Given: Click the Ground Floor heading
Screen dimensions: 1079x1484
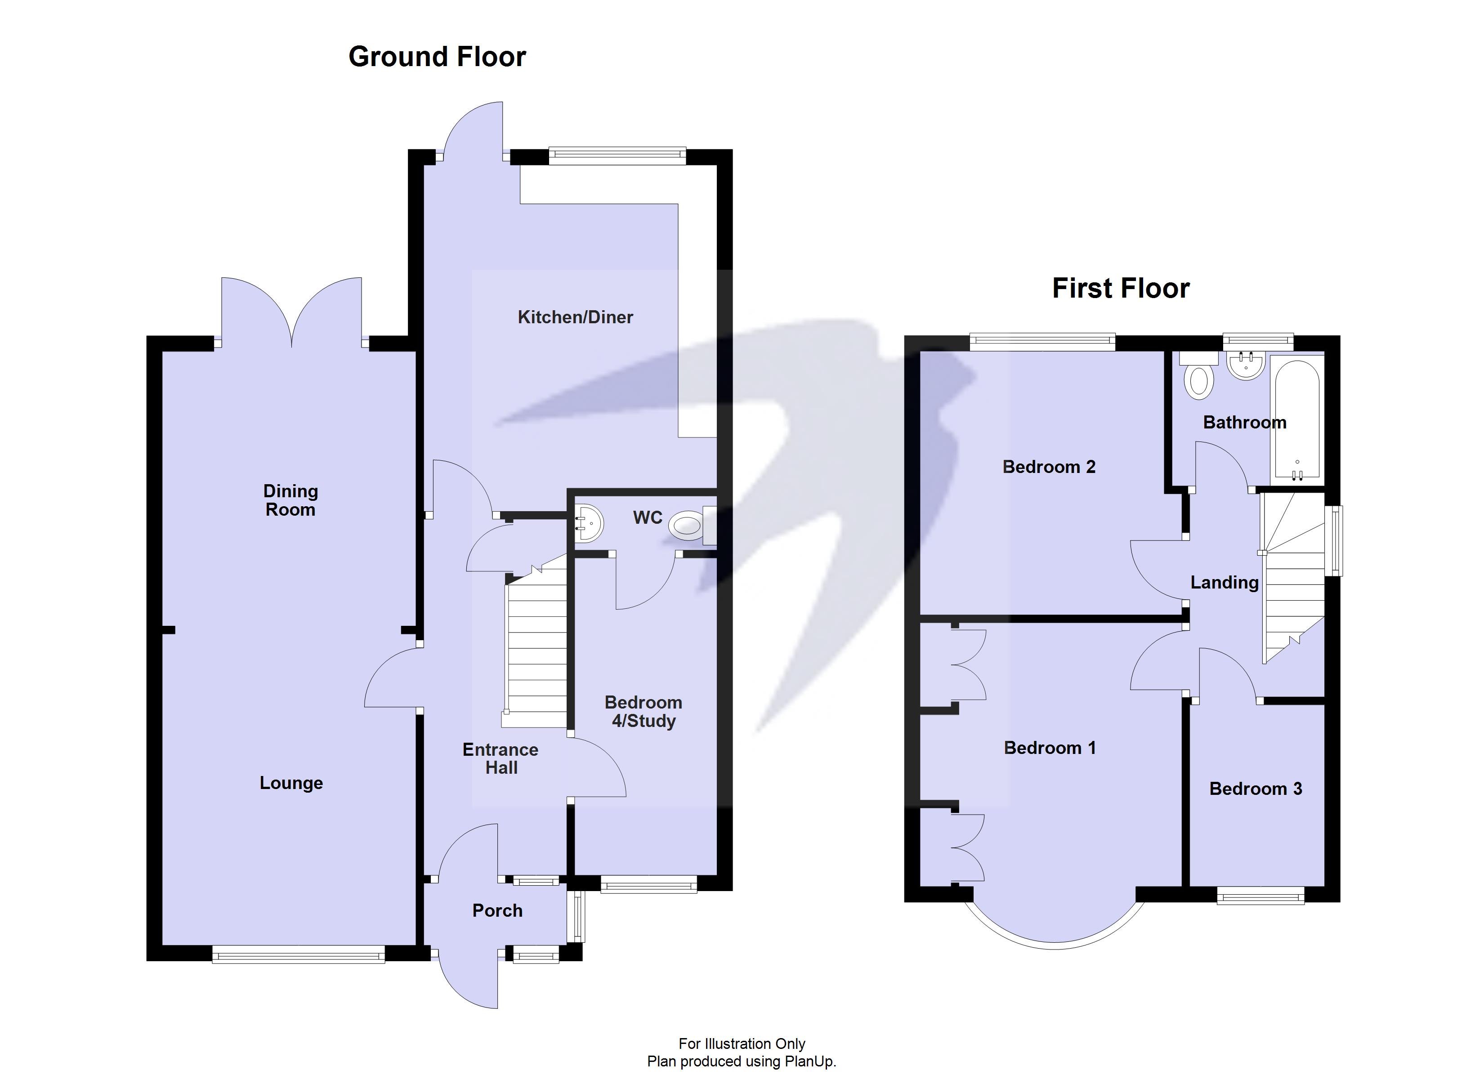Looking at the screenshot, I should point(437,57).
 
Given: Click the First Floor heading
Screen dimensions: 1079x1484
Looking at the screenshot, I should point(1120,289).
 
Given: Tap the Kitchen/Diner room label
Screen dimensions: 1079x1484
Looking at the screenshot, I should point(575,317).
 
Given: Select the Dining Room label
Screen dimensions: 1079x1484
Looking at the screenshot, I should point(290,500).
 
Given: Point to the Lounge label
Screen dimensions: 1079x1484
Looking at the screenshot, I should point(291,783).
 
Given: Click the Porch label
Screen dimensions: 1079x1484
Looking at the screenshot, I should point(497,911).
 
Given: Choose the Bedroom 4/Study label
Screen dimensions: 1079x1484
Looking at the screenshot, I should point(643,712).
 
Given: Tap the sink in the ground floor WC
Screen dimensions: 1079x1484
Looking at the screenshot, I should point(589,523).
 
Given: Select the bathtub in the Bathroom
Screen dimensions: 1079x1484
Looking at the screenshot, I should point(1297,419).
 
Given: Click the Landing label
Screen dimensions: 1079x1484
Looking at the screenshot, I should point(1224,582).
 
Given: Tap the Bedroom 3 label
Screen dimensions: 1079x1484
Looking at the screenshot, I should point(1255,789).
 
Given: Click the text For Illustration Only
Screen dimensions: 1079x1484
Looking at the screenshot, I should point(742,1043).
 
